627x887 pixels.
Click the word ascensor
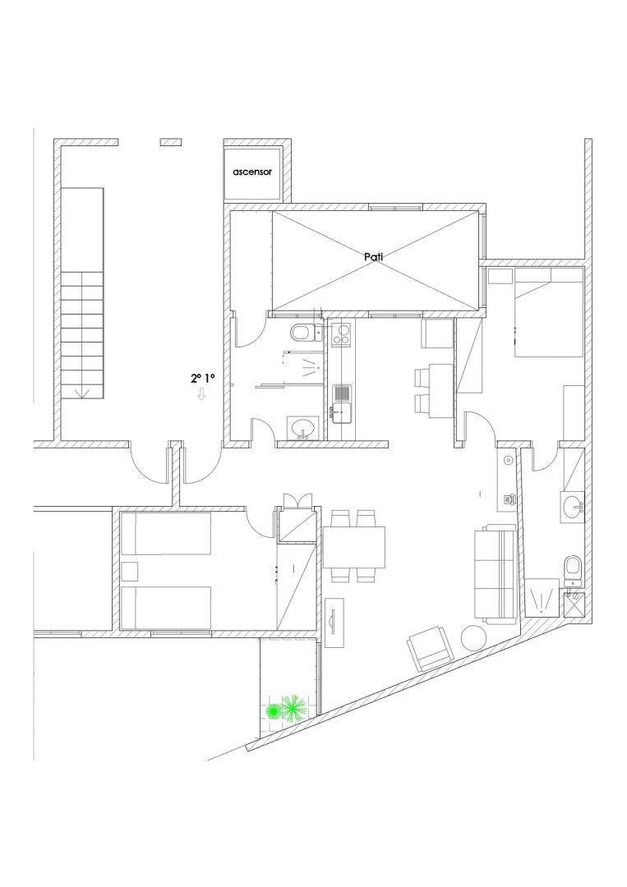252,172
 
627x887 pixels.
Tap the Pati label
374,256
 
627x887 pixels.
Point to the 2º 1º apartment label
203,379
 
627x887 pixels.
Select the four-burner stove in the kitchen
341,333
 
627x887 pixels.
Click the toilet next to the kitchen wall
302,333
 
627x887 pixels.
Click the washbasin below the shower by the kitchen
304,427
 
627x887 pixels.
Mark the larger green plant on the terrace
293,709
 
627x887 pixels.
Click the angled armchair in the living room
431,648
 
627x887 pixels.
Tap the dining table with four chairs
354,547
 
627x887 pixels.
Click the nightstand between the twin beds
130,572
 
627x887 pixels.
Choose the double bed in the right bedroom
549,312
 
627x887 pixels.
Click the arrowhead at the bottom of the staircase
83,393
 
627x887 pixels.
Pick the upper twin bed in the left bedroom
166,534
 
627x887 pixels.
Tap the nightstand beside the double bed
500,277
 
